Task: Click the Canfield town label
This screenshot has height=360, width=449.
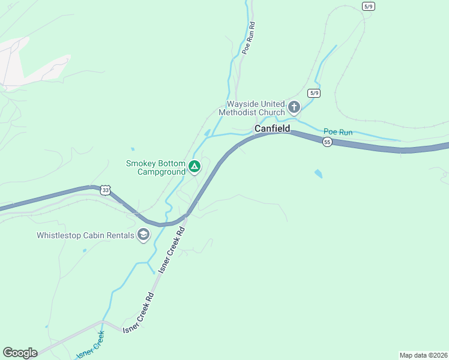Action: point(272,129)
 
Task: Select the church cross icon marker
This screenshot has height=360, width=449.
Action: point(294,107)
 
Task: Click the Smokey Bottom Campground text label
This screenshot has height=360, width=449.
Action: point(155,167)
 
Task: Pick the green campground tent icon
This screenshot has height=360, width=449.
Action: point(194,166)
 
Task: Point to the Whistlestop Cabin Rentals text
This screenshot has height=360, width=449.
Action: point(85,235)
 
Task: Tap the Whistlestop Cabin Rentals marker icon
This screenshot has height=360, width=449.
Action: point(143,235)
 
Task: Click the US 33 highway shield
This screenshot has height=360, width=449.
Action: point(106,190)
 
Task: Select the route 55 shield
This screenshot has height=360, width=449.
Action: point(327,142)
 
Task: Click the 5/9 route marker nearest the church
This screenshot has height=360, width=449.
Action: point(313,93)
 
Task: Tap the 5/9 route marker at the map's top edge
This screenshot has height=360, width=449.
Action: point(369,6)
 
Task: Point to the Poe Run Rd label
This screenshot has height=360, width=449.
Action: point(249,40)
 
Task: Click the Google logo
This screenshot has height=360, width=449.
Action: point(20,353)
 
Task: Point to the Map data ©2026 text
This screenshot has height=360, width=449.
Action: point(423,355)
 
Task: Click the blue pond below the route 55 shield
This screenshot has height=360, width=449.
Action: point(318,174)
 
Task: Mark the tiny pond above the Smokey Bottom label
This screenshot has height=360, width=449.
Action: point(132,149)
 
